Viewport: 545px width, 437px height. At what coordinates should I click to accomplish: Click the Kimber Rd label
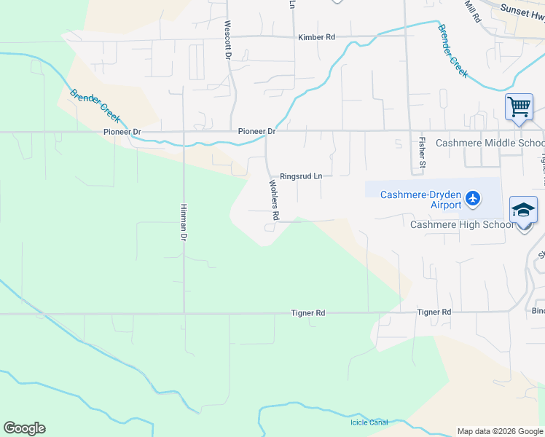(316, 37)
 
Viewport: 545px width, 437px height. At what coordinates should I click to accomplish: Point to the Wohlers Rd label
(275, 200)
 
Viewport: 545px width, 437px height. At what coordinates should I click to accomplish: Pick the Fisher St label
(422, 153)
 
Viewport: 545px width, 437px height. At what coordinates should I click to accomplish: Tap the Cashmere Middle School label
(490, 143)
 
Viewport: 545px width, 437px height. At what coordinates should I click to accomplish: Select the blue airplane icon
(474, 197)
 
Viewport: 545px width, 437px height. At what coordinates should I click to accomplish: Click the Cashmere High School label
(462, 224)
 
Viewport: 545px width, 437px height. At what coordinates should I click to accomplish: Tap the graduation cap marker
(523, 210)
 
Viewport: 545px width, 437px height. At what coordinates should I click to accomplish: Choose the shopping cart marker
(519, 107)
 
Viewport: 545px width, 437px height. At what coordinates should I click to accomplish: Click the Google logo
(24, 428)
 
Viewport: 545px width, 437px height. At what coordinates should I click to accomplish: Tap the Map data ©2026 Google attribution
(500, 431)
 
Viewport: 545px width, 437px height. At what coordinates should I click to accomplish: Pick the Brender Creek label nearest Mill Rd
(452, 51)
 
